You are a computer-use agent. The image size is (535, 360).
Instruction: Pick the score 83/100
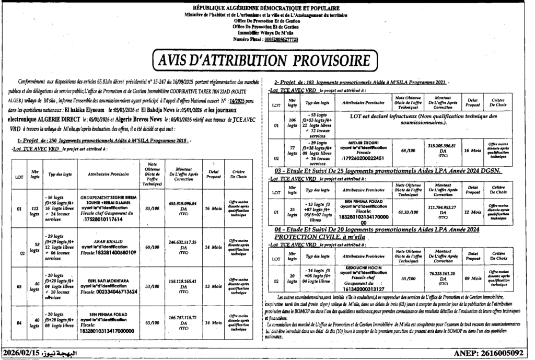152,208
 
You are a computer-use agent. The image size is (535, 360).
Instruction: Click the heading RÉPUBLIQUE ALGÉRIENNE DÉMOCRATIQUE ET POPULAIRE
266,8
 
